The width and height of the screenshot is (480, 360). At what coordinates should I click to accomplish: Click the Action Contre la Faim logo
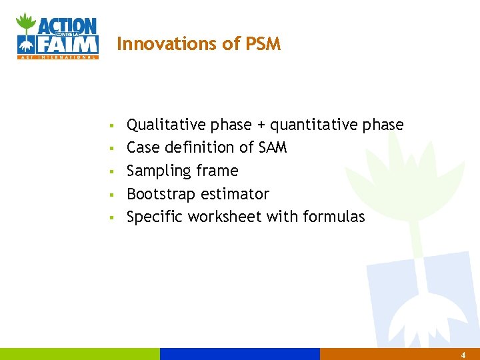(x=57, y=36)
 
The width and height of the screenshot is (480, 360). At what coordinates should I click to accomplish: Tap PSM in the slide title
(x=263, y=44)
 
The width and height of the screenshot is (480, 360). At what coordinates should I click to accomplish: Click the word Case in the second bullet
(x=142, y=147)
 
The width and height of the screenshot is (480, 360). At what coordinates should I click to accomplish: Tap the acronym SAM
(x=272, y=147)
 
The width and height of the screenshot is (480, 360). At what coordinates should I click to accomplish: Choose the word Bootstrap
(x=161, y=194)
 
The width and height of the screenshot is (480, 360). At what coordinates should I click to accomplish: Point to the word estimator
(x=236, y=194)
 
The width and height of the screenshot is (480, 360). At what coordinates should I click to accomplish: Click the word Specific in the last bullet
(x=155, y=217)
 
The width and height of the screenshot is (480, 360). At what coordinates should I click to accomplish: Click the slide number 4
(x=463, y=355)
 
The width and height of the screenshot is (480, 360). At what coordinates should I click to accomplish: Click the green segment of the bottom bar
(x=80, y=354)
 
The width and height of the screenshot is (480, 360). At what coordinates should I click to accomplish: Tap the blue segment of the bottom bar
(x=240, y=354)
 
